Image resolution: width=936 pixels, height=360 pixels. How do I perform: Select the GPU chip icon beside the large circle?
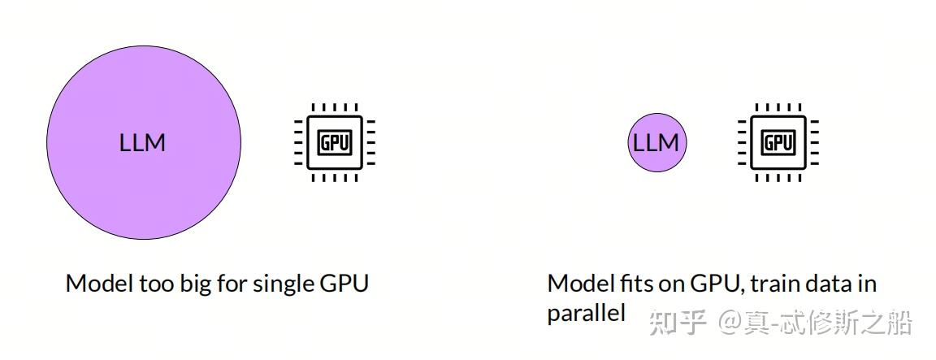[334, 142]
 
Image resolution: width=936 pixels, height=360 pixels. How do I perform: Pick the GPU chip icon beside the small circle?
[778, 142]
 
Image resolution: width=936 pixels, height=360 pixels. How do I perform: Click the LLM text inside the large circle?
[142, 143]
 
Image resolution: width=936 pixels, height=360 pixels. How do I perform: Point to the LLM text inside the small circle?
[656, 143]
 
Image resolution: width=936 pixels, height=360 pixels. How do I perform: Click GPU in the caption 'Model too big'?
[346, 284]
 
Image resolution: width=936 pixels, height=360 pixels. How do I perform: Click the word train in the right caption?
[774, 284]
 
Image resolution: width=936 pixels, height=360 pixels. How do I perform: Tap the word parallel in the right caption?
[586, 314]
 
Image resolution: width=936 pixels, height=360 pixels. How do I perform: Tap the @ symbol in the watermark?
[728, 323]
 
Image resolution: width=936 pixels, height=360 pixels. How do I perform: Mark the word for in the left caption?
[231, 284]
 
